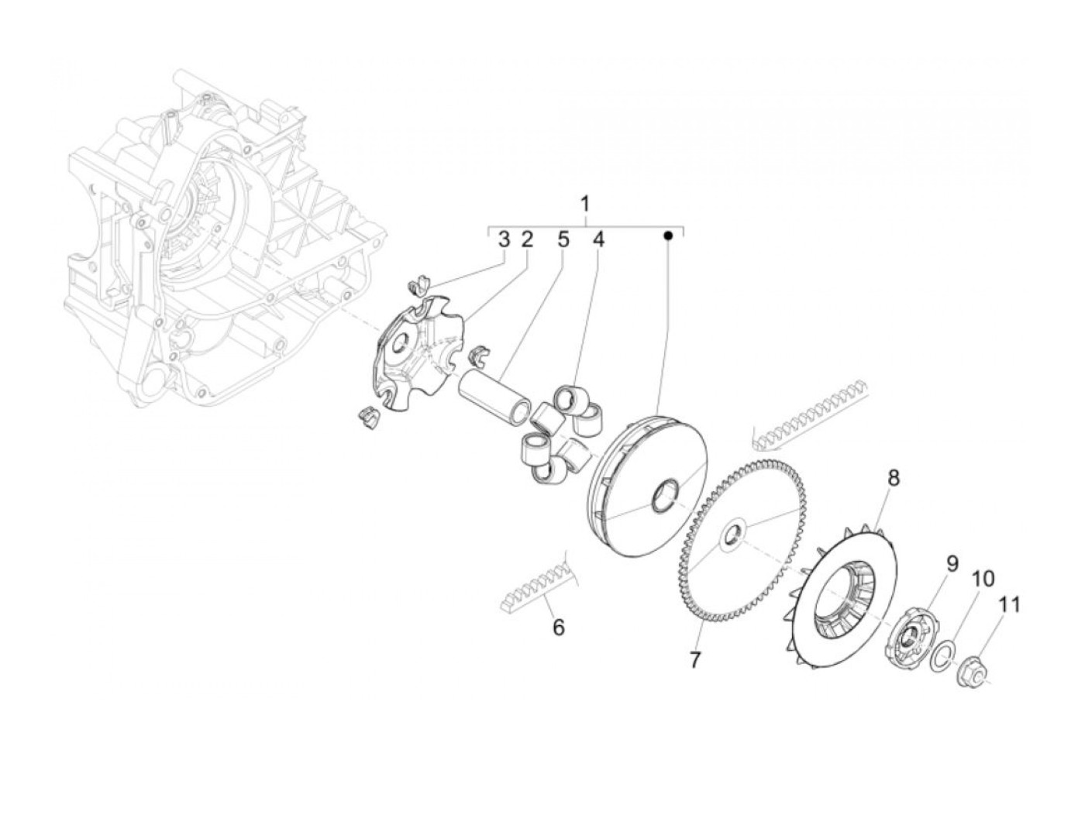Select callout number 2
click(526, 239)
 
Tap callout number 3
click(504, 239)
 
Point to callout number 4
click(598, 239)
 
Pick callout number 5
click(563, 239)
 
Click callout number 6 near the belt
click(558, 627)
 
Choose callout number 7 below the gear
click(694, 660)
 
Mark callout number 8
click(894, 478)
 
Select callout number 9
click(952, 563)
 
